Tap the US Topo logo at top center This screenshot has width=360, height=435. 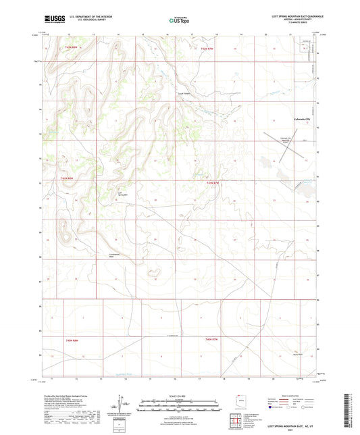pos(180,21)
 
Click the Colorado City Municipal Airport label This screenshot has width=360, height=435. pos(286,140)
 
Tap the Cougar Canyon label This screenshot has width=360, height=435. pos(184,94)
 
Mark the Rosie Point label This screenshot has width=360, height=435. pos(297,353)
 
